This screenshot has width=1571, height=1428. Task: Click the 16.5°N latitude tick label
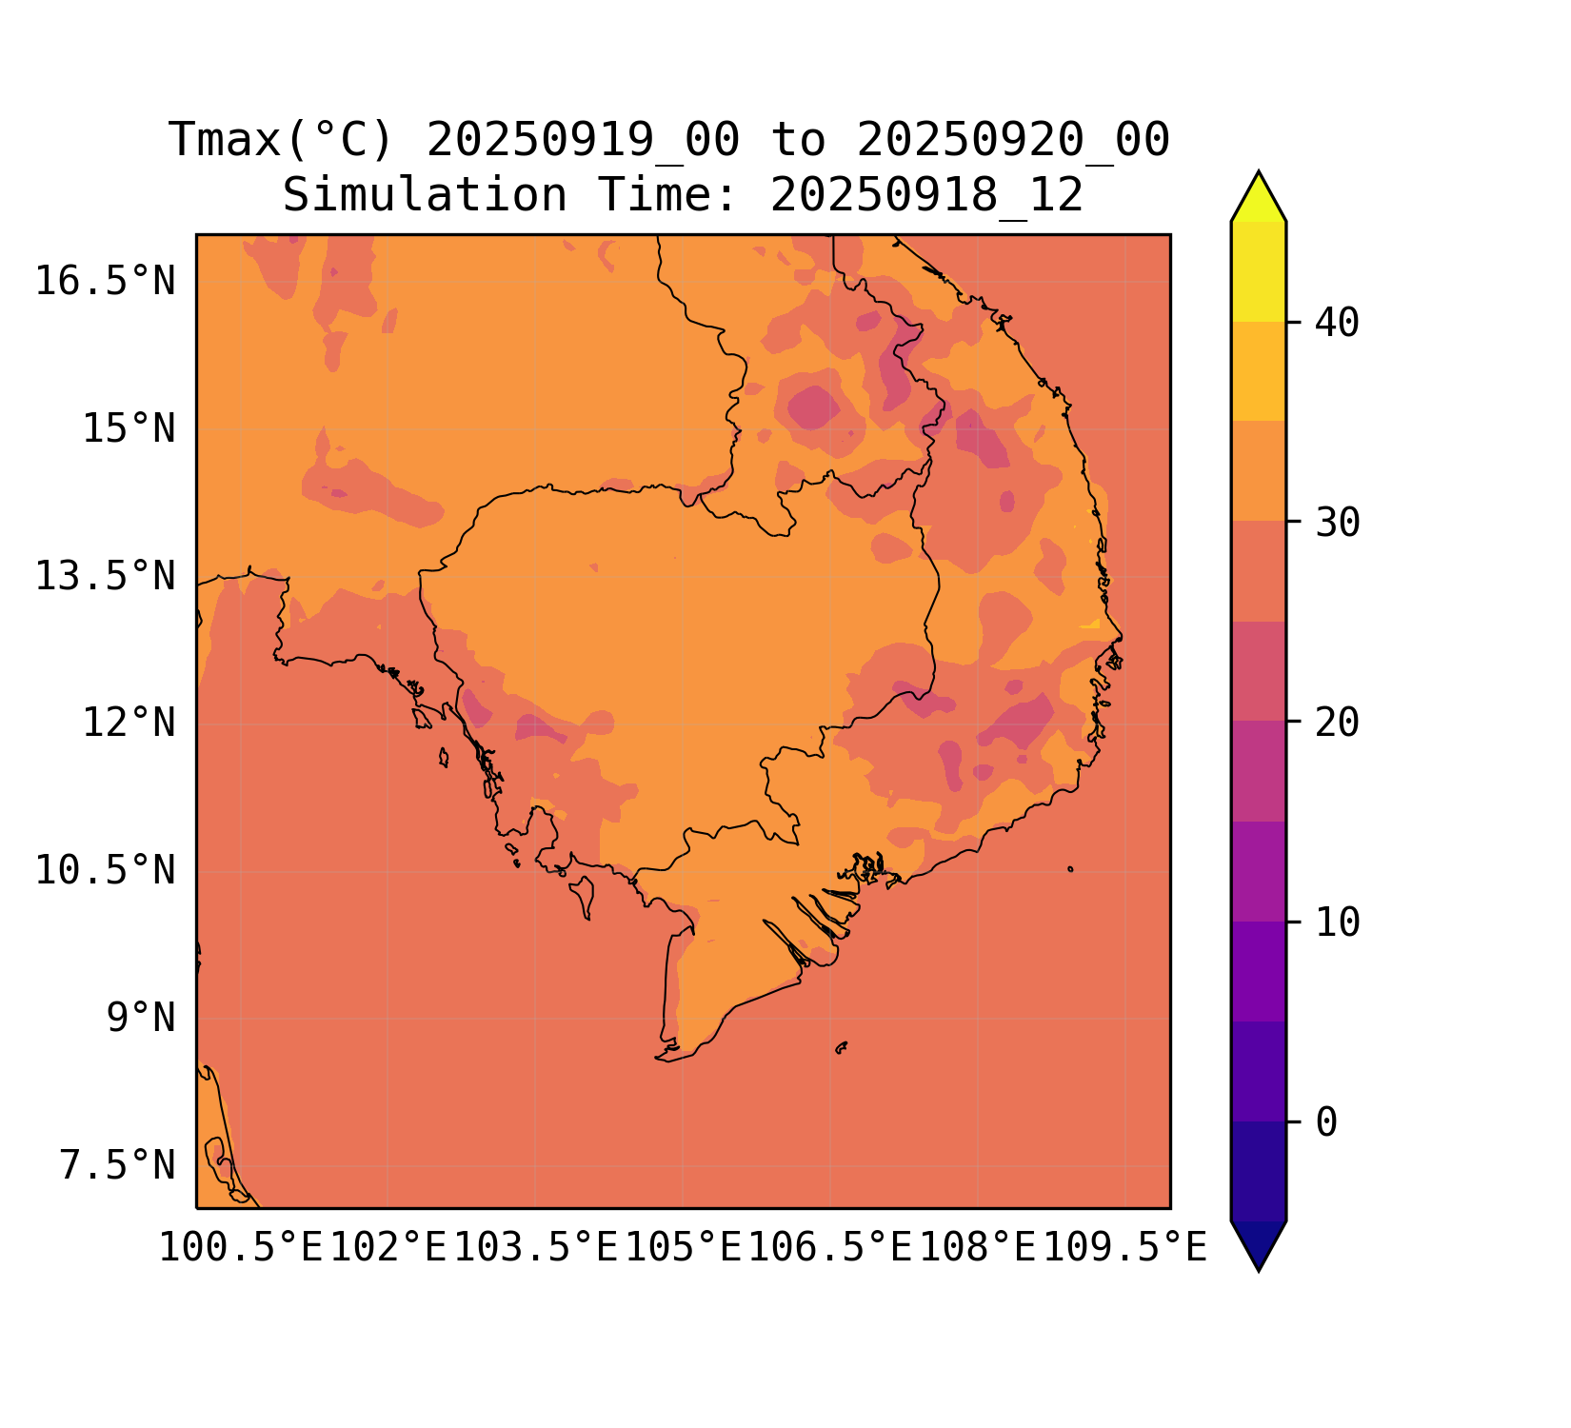pyautogui.click(x=105, y=282)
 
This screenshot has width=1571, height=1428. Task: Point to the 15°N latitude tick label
pyautogui.click(x=129, y=429)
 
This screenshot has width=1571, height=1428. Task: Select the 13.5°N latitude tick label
pyautogui.click(x=105, y=577)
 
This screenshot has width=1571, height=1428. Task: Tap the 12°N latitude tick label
pyautogui.click(x=129, y=724)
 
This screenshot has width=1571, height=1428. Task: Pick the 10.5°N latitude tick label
pyautogui.click(x=105, y=871)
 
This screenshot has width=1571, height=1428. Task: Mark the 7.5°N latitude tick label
pyautogui.click(x=117, y=1166)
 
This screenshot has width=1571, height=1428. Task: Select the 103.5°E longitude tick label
pyautogui.click(x=536, y=1247)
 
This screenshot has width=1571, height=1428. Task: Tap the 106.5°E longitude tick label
pyautogui.click(x=830, y=1247)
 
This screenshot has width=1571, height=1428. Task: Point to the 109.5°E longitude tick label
pyautogui.click(x=1125, y=1247)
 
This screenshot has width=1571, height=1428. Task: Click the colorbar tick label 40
pyautogui.click(x=1337, y=324)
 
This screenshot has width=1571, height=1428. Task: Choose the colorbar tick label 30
pyautogui.click(x=1337, y=523)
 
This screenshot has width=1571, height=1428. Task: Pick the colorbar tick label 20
pyautogui.click(x=1337, y=723)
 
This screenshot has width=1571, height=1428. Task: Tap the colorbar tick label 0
pyautogui.click(x=1326, y=1123)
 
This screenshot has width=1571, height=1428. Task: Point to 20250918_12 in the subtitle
pyautogui.click(x=926, y=196)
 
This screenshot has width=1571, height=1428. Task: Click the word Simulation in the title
pyautogui.click(x=425, y=196)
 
